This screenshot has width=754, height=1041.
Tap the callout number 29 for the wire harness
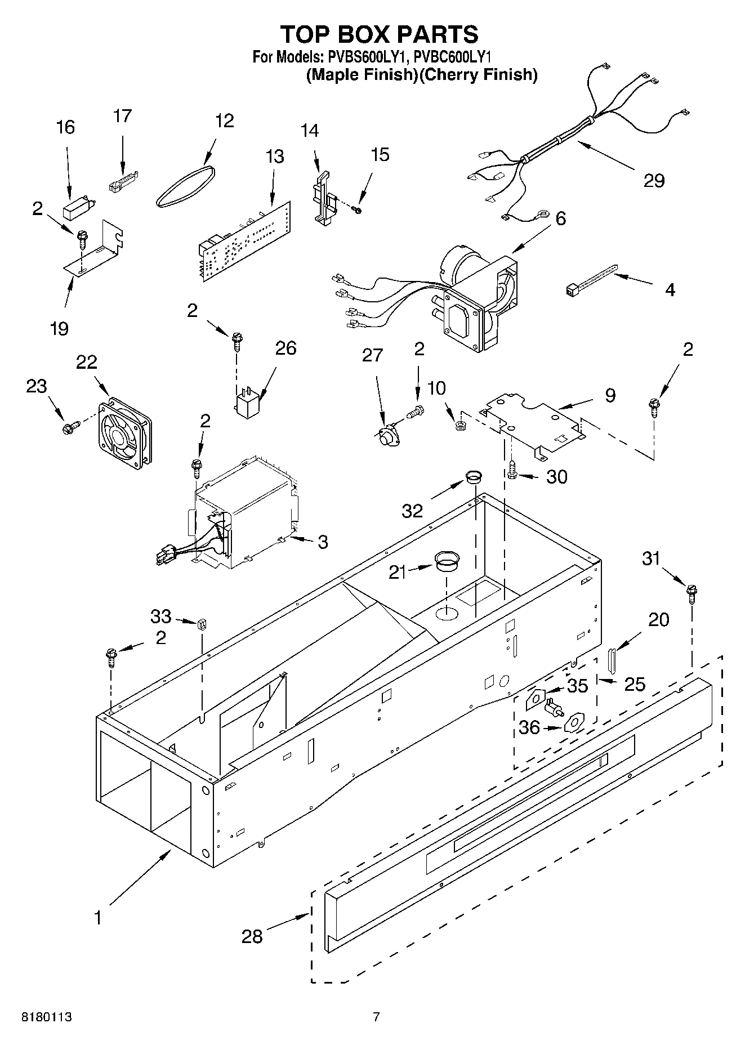point(654,180)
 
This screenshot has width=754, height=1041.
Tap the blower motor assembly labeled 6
point(473,298)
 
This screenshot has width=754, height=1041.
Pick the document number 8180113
point(47,1017)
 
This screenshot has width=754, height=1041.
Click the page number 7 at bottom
point(376,1017)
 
